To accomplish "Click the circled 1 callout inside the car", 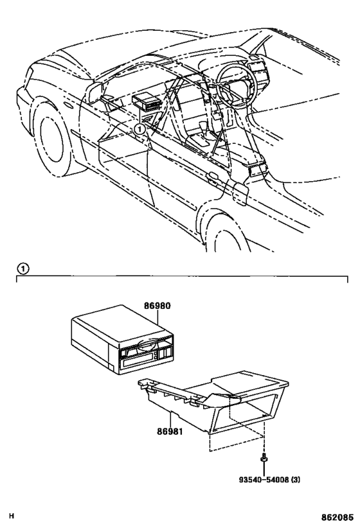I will (139, 128).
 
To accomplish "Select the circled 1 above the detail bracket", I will (22, 268).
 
